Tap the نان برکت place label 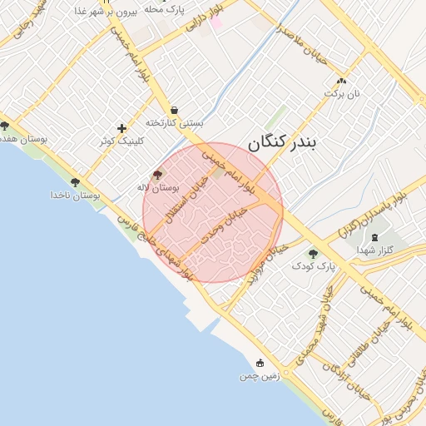(x=344, y=94)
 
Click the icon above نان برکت (x=341, y=81)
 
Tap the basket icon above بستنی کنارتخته (x=174, y=109)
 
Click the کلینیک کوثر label (x=121, y=141)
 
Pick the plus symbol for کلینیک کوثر (x=122, y=128)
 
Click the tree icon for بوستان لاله (x=158, y=175)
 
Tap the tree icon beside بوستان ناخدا (x=75, y=181)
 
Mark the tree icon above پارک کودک (x=313, y=254)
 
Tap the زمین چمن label (x=260, y=376)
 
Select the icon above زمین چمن (x=260, y=363)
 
